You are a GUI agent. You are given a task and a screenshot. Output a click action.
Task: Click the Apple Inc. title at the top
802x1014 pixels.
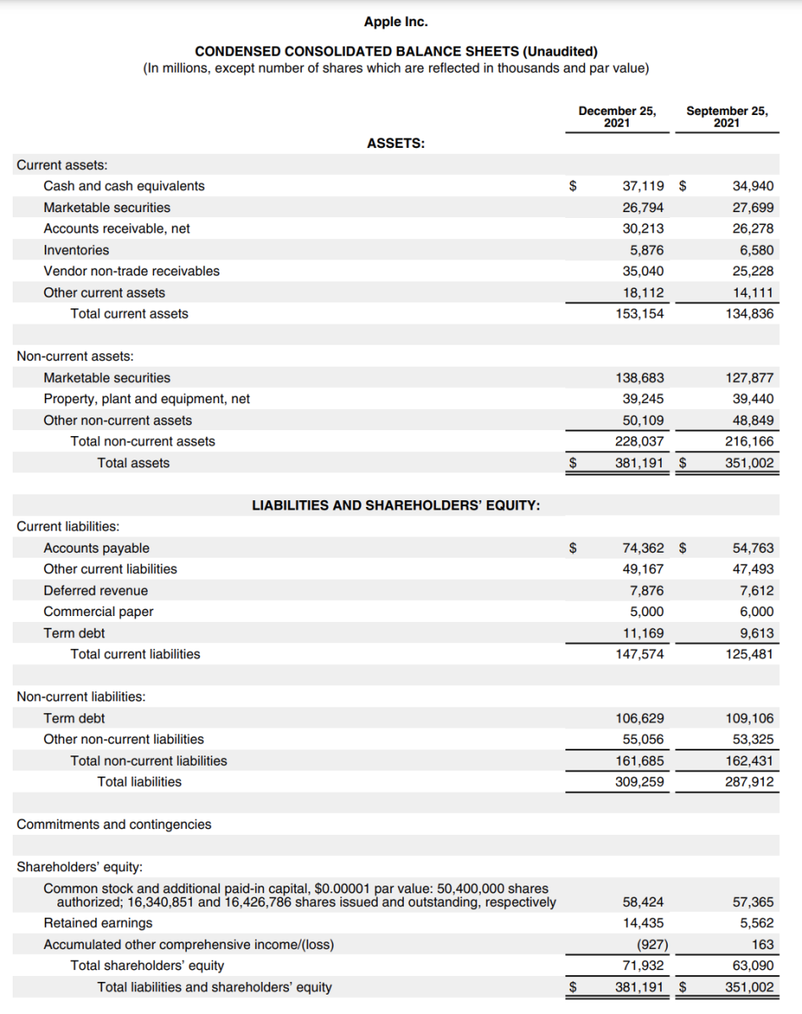tap(401, 21)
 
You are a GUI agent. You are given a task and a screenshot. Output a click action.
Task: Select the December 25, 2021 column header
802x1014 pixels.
tap(617, 117)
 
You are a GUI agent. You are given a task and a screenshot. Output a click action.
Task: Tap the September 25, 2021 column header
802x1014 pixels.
tap(727, 117)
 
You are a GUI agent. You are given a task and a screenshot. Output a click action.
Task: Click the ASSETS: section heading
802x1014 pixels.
tap(396, 144)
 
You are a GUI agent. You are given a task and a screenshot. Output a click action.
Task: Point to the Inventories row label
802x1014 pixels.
tap(76, 250)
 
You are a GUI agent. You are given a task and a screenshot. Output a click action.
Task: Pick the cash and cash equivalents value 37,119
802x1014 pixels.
tap(643, 186)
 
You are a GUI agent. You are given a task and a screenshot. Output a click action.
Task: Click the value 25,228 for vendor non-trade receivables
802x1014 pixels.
tap(751, 271)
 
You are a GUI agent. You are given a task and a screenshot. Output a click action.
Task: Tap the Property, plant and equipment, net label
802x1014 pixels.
tap(146, 399)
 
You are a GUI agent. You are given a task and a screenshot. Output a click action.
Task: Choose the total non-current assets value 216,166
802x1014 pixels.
tap(750, 441)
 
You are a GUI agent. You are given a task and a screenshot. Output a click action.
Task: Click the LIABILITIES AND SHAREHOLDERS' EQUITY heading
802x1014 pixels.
tap(396, 505)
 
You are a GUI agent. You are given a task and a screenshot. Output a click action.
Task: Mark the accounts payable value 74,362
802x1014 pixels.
tap(643, 548)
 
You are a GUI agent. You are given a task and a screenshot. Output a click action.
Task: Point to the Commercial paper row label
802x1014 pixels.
tap(98, 612)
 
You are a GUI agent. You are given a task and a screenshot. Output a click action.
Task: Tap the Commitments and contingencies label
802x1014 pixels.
tap(114, 824)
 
